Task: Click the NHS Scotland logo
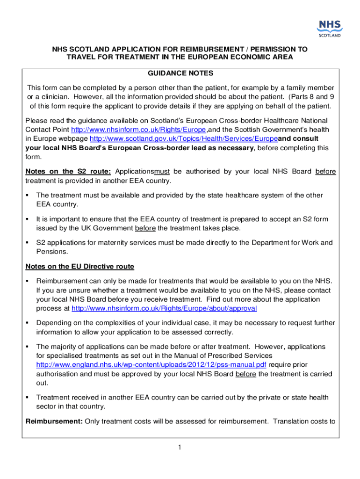330,28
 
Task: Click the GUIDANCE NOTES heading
180,73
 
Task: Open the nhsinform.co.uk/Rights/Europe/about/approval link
164,309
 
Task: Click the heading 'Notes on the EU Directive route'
79,267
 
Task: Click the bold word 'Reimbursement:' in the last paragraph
54,421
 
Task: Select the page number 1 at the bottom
180,448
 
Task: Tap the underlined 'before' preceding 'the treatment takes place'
145,228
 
